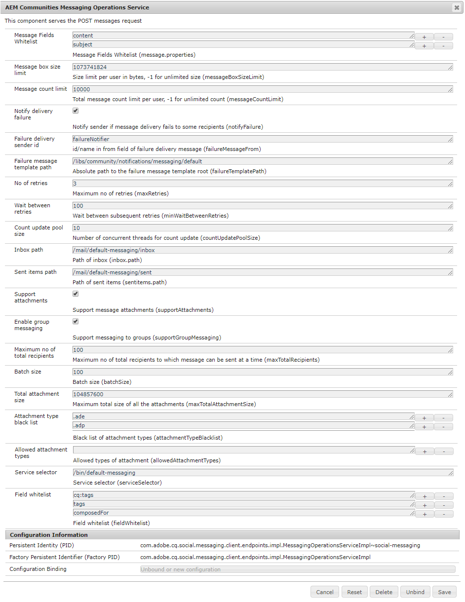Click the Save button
pyautogui.click(x=444, y=592)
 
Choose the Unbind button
pyautogui.click(x=415, y=592)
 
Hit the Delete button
pyautogui.click(x=384, y=592)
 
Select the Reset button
pyautogui.click(x=354, y=592)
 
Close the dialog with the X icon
pyautogui.click(x=456, y=7)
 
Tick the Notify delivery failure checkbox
pyautogui.click(x=76, y=111)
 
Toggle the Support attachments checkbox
pyautogui.click(x=76, y=294)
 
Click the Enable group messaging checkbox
pyautogui.click(x=76, y=322)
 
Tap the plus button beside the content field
pyautogui.click(x=425, y=37)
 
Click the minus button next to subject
pyautogui.click(x=443, y=46)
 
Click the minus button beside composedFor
pyautogui.click(x=444, y=514)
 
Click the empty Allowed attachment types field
pyautogui.click(x=243, y=450)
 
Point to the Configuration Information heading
pyautogui.click(x=49, y=535)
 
